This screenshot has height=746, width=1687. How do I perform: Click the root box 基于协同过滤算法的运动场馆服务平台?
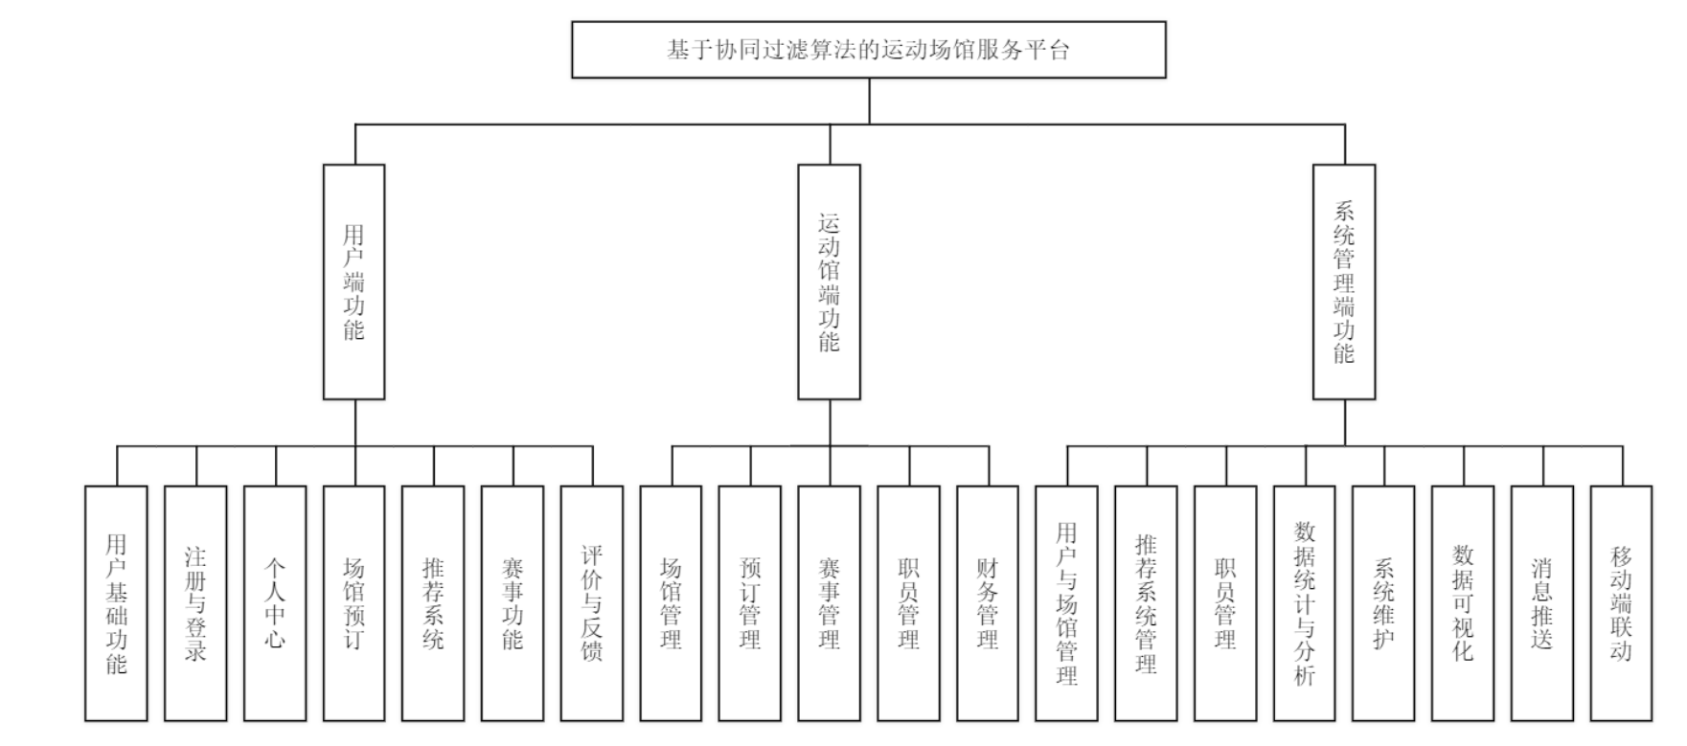click(868, 50)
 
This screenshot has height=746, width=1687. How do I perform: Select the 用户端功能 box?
click(353, 282)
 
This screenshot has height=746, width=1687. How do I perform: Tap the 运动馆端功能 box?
click(829, 282)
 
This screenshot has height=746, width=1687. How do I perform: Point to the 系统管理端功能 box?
click(1343, 282)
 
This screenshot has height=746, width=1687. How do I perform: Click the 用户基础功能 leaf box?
click(116, 603)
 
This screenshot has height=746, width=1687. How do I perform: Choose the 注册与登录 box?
click(195, 603)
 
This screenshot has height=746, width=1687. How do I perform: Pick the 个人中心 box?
click(275, 603)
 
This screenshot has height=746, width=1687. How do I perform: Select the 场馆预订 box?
click(353, 603)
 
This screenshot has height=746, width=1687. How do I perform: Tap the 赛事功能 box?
click(513, 603)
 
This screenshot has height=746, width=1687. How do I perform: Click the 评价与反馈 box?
click(591, 603)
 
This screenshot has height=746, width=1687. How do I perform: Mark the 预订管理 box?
click(749, 603)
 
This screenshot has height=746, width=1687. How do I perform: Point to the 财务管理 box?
click(987, 603)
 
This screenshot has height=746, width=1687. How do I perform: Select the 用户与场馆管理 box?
click(1066, 603)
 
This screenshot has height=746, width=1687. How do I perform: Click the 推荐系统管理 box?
click(1146, 603)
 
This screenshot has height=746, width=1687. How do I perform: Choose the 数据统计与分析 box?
click(1304, 603)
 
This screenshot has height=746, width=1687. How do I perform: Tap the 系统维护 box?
click(1383, 603)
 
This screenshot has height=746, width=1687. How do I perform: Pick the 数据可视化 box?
click(1463, 603)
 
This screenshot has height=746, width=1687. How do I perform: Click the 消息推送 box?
click(1541, 603)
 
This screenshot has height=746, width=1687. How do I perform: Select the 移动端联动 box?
click(1621, 603)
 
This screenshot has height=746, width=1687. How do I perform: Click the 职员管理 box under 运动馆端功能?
click(908, 603)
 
